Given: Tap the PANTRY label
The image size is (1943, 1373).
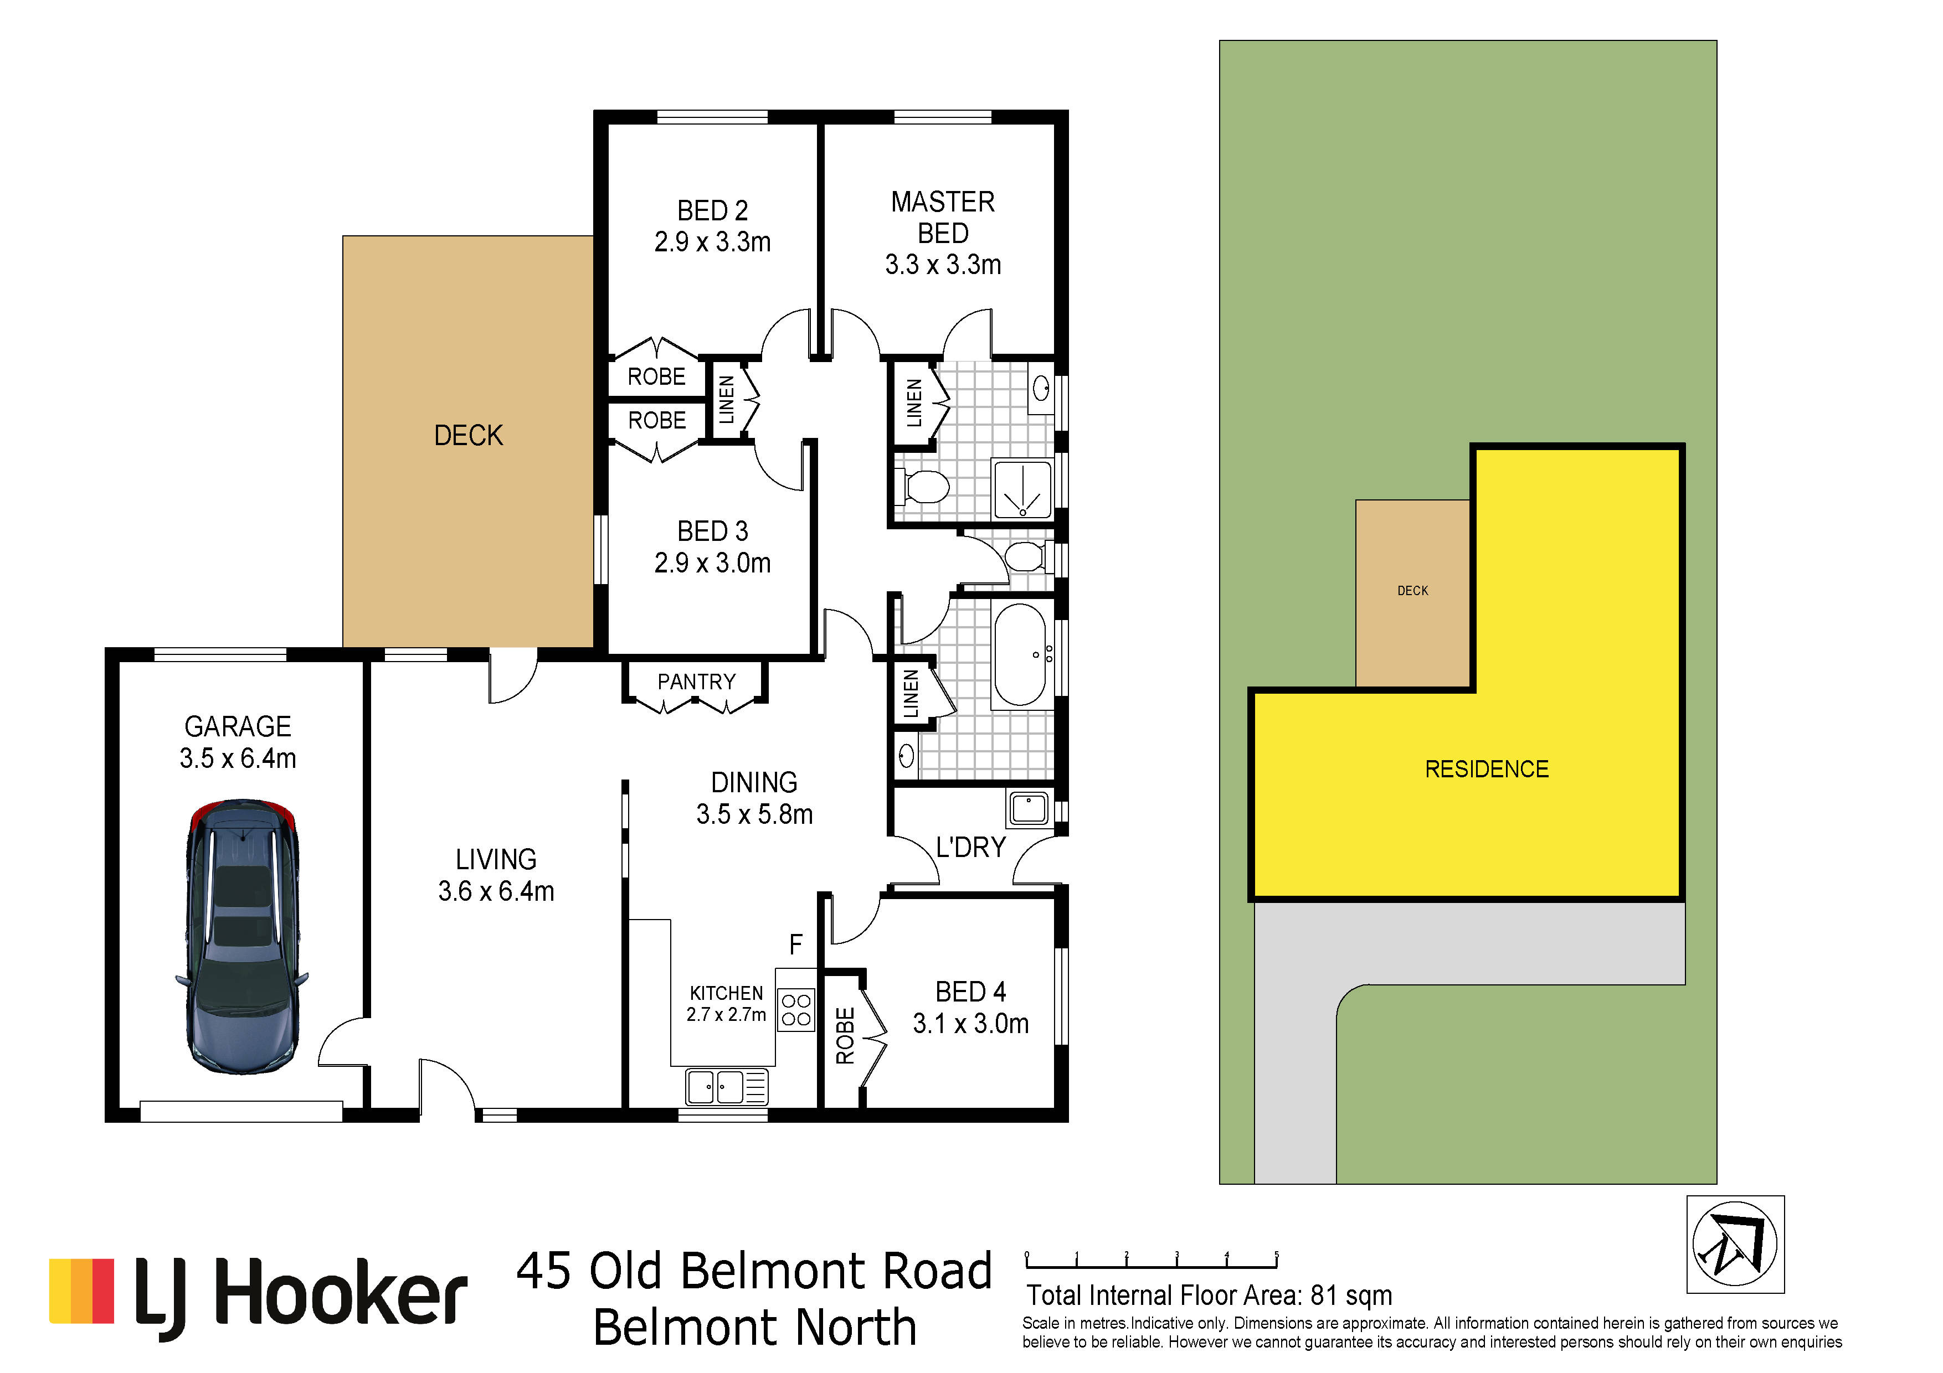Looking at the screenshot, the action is pos(696,682).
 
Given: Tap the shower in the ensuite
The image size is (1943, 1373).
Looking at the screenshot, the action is pos(1022,489).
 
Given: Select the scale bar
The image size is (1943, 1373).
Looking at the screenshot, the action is pos(1152,1261).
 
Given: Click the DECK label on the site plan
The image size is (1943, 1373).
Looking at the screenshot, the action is pos(1412,591).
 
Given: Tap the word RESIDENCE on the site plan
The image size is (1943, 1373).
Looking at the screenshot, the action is pos(1487,769).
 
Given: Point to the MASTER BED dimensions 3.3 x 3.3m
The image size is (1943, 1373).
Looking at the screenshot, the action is pos(943,265).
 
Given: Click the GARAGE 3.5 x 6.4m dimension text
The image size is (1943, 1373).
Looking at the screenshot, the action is pos(238,758).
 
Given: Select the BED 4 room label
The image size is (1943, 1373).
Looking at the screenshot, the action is pos(970,992).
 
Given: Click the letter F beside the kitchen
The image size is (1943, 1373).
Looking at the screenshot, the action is pos(795,944).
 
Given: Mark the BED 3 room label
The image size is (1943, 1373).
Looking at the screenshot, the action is pos(712,531).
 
